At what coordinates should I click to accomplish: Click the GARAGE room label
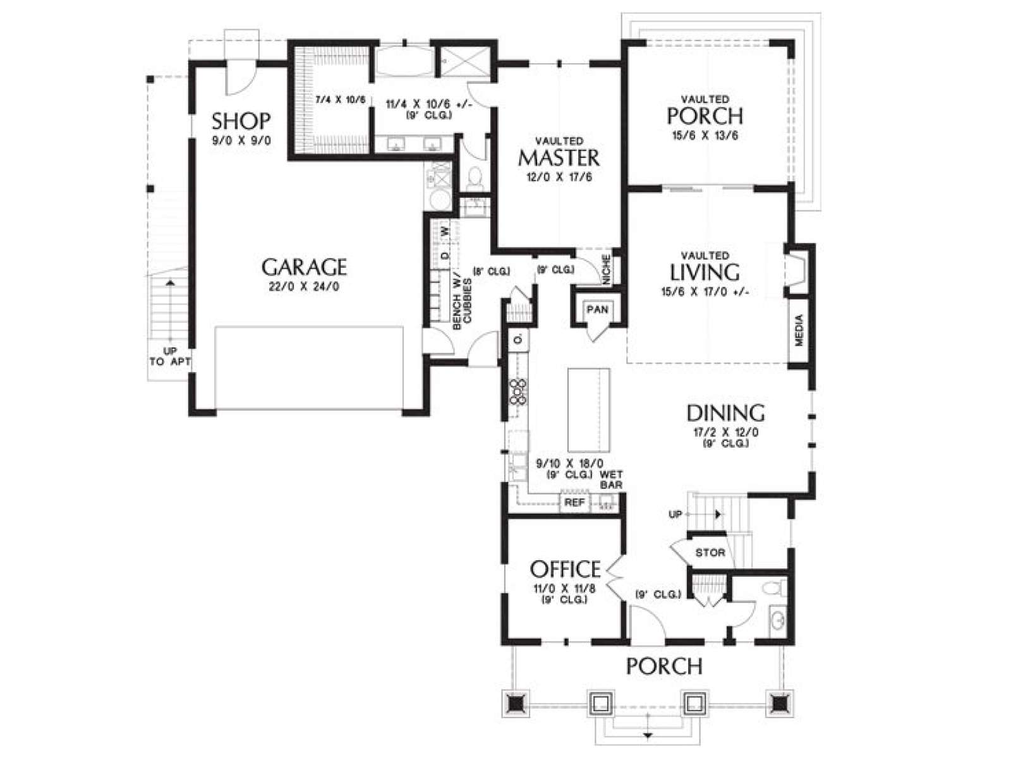click(x=304, y=267)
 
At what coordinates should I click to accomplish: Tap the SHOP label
click(x=241, y=121)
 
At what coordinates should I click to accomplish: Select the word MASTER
click(x=559, y=158)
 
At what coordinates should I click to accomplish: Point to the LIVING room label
click(x=705, y=272)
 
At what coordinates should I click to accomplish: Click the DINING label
click(x=725, y=413)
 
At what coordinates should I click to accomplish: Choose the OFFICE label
click(x=566, y=569)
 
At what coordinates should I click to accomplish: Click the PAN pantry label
click(x=598, y=310)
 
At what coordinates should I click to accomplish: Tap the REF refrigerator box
click(x=575, y=503)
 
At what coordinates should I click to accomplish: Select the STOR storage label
click(x=710, y=552)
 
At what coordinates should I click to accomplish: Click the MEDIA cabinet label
click(x=799, y=330)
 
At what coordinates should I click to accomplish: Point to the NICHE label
click(x=607, y=269)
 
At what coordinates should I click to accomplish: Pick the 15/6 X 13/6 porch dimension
click(x=705, y=136)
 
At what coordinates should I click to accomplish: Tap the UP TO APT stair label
click(x=170, y=357)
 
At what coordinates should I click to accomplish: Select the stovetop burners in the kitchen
click(x=518, y=392)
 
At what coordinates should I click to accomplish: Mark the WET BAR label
click(x=611, y=479)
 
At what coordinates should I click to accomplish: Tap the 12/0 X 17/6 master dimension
click(x=559, y=177)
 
